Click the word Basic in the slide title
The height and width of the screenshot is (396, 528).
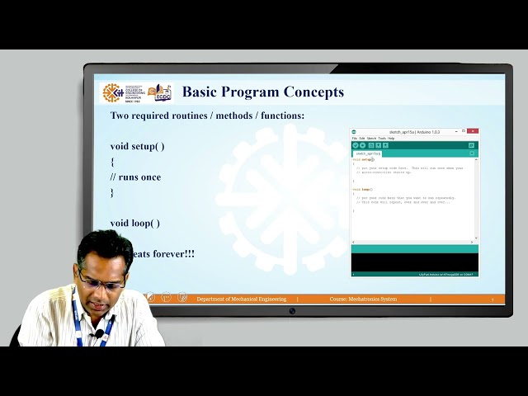coord(200,92)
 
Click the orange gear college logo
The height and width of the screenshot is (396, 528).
coord(112,92)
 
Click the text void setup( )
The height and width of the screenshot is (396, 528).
coord(137,146)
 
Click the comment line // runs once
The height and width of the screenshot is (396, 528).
coord(135,177)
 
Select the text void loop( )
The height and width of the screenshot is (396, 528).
coord(135,223)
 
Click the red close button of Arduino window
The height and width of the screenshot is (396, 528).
coord(474,131)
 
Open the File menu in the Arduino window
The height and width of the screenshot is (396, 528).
coord(355,138)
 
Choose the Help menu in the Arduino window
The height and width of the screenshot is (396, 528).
coord(391,138)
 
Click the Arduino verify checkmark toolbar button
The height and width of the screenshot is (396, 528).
coord(356,145)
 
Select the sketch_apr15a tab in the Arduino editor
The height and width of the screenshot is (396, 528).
coord(368,153)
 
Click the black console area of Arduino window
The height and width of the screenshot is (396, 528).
coord(414,262)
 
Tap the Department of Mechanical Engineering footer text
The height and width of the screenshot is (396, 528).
coord(242,299)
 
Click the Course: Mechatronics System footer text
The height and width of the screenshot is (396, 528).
coord(363,299)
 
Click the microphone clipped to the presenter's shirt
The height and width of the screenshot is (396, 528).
coord(99,334)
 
